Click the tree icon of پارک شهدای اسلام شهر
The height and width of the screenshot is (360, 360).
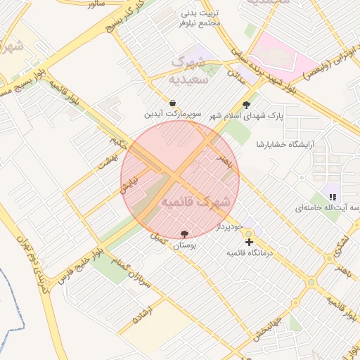click(246, 105)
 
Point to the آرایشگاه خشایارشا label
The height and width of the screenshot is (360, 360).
click(278, 144)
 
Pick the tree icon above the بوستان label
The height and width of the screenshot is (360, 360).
click(184, 233)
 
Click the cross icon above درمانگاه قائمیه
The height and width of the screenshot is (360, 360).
click(249, 242)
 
